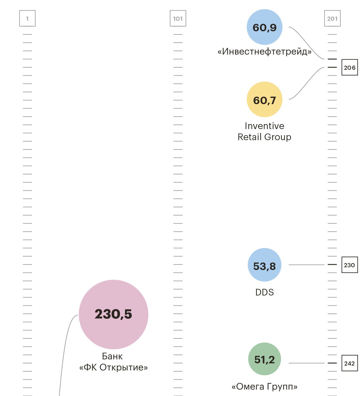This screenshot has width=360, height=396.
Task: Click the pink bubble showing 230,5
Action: tap(113, 314)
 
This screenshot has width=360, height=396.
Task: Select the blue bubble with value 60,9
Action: tap(264, 27)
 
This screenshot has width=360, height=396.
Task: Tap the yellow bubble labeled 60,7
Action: tap(264, 99)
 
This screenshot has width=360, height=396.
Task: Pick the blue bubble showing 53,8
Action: tap(264, 265)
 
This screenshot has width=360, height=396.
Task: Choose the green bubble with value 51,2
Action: tap(264, 359)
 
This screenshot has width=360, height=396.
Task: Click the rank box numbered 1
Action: tap(27, 19)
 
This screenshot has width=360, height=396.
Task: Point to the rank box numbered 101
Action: tap(178, 19)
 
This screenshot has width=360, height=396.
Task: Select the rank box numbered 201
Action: tap(332, 19)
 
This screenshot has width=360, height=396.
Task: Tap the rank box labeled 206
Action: tap(349, 67)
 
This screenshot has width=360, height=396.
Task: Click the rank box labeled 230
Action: tap(349, 265)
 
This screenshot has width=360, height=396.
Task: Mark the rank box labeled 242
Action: tap(349, 363)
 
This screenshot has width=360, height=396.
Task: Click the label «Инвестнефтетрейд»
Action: tap(264, 52)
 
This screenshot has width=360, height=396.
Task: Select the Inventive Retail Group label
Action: tap(264, 132)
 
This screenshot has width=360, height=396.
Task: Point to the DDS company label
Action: tap(264, 292)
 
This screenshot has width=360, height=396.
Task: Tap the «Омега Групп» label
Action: tap(264, 387)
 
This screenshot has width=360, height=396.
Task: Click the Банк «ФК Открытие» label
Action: tap(113, 362)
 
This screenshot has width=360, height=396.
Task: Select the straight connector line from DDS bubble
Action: tap(306, 265)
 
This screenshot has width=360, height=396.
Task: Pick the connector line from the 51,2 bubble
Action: tap(306, 363)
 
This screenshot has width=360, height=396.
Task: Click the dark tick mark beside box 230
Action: tap(332, 265)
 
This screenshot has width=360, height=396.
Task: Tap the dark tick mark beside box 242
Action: tap(332, 363)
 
